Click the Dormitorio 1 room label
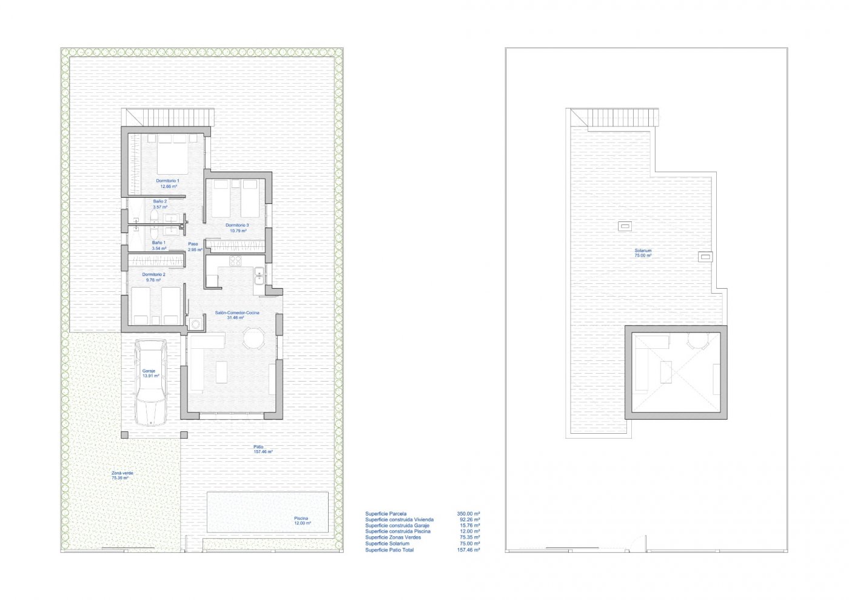[x=168, y=181]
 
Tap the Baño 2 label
[x=159, y=201]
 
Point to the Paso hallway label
[x=193, y=244]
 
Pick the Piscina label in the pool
[x=301, y=519]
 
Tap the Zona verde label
[x=122, y=473]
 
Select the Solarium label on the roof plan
[x=643, y=251]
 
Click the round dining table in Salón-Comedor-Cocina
[x=253, y=339]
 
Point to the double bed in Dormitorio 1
[x=173, y=155]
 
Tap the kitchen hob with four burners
[x=236, y=261]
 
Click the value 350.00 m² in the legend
[x=468, y=513]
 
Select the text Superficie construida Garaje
[x=397, y=525]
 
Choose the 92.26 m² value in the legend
[x=468, y=519]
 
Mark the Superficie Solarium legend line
[x=387, y=544]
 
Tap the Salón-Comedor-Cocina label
[x=237, y=312]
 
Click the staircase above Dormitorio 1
[x=178, y=116]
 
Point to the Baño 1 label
[x=159, y=243]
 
